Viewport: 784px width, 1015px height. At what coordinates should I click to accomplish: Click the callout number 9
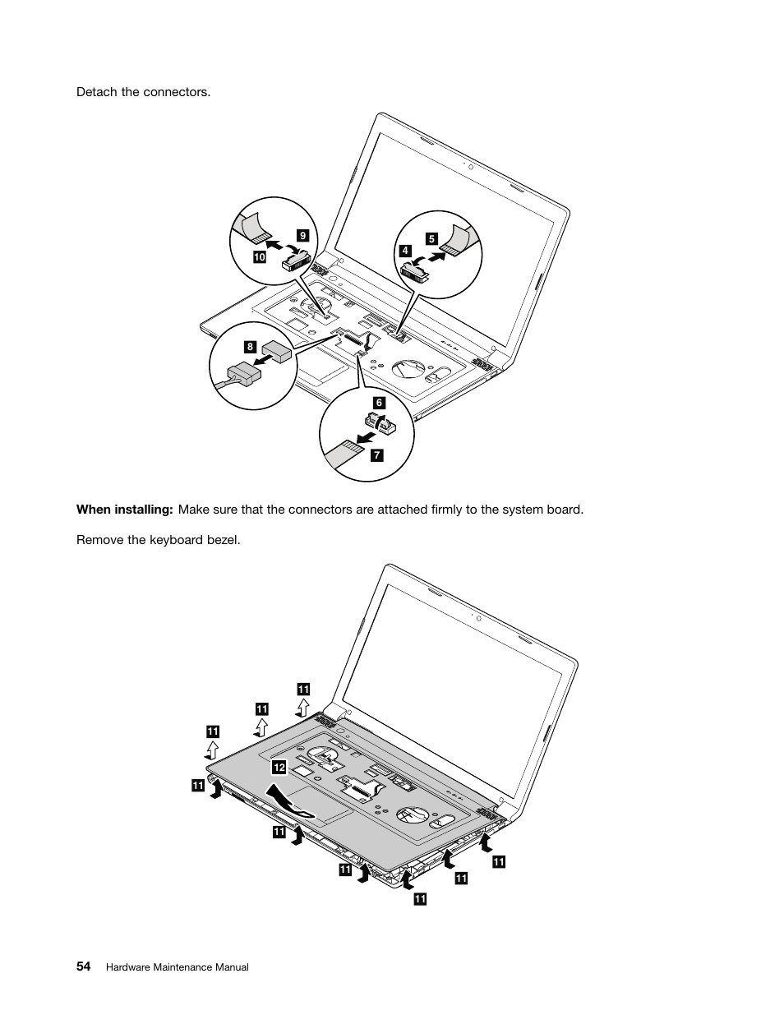pos(302,236)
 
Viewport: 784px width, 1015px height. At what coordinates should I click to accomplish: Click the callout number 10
pos(260,257)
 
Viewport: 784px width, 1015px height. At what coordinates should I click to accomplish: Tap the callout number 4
pos(405,251)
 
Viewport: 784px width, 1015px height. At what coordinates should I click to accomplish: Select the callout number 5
pos(431,239)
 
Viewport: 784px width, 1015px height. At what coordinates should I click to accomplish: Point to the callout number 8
pos(250,348)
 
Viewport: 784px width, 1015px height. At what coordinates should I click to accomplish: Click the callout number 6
pos(379,403)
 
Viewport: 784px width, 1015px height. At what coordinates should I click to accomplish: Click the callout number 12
pos(279,767)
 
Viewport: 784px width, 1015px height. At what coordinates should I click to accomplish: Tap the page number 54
pos(84,967)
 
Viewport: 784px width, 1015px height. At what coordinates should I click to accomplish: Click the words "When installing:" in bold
pos(124,510)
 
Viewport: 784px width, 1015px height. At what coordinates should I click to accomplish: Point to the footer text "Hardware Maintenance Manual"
pos(178,968)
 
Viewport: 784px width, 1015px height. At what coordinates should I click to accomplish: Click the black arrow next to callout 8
pos(265,359)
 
